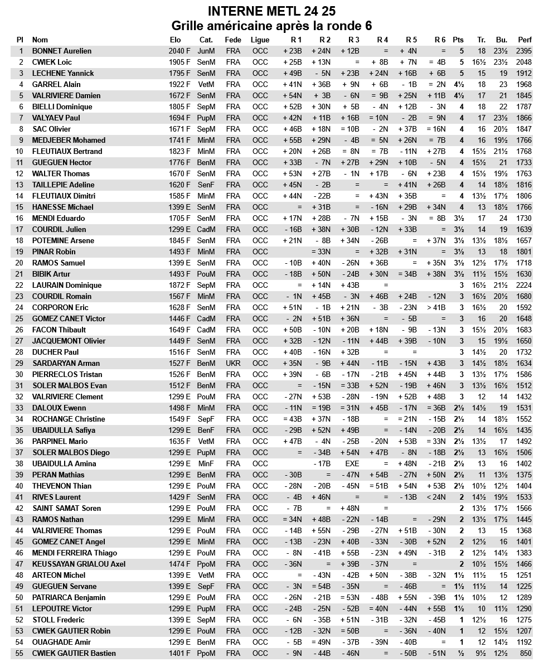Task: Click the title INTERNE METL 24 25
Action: click(271, 11)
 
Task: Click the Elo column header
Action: click(175, 40)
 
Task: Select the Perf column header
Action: click(525, 40)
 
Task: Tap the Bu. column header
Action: click(501, 40)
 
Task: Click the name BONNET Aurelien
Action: click(62, 51)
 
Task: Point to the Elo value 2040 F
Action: click(180, 51)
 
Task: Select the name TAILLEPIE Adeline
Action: click(63, 185)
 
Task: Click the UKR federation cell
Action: click(233, 363)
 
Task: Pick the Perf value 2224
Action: click(524, 285)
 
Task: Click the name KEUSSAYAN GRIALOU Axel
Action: click(79, 564)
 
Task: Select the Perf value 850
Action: click(526, 653)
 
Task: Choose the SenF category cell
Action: click(206, 185)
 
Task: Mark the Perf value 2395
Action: click(524, 51)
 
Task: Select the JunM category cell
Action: click(206, 51)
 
